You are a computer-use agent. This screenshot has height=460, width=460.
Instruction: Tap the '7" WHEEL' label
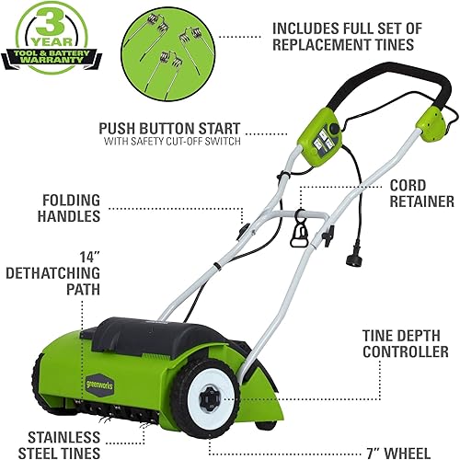412,451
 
